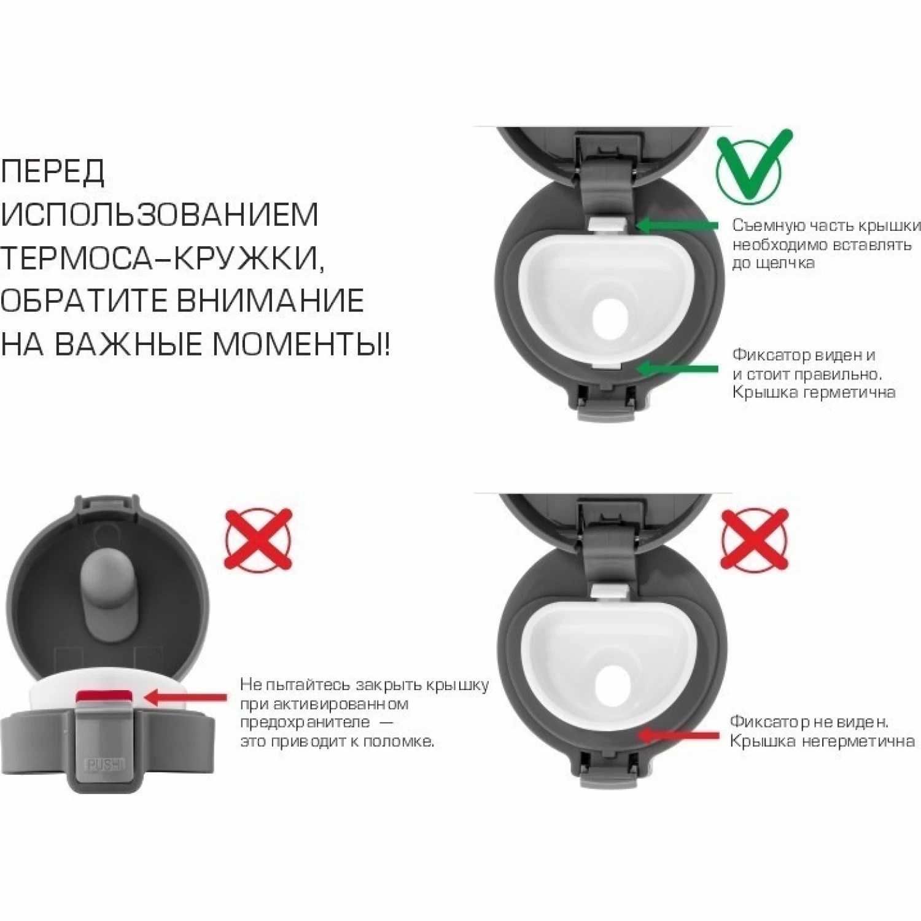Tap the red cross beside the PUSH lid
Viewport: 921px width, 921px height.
click(x=258, y=540)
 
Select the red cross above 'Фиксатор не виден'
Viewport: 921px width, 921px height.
click(x=755, y=539)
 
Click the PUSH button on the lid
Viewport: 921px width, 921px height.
click(x=105, y=764)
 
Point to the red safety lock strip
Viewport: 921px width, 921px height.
click(x=103, y=697)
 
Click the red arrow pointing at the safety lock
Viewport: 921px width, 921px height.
click(x=186, y=697)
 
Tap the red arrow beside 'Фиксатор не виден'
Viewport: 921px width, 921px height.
click(x=678, y=735)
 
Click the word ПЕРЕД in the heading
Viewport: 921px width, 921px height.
click(x=53, y=171)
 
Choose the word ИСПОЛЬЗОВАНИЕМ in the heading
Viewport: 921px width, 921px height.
click(x=160, y=214)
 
